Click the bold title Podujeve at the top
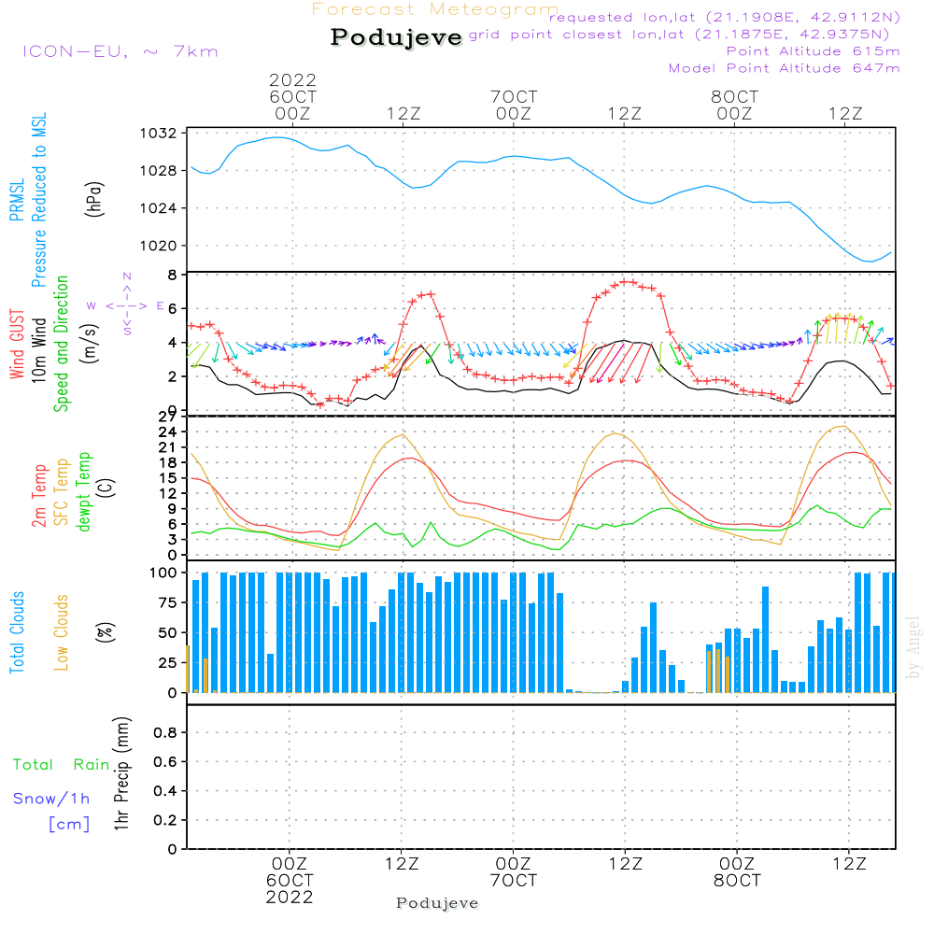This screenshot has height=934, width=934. pyautogui.click(x=397, y=37)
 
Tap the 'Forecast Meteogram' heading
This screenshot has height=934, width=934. pyautogui.click(x=435, y=9)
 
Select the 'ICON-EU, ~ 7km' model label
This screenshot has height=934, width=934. pyautogui.click(x=120, y=51)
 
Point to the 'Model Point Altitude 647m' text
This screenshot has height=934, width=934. pyautogui.click(x=785, y=68)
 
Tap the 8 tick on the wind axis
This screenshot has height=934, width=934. pyautogui.click(x=172, y=275)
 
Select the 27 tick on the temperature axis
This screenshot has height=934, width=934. pyautogui.click(x=168, y=417)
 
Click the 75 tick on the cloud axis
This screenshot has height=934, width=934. pyautogui.click(x=166, y=602)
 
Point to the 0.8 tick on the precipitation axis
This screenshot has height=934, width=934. pyautogui.click(x=165, y=733)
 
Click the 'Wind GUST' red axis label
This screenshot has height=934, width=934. pyautogui.click(x=17, y=347)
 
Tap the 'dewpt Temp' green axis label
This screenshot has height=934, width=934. pyautogui.click(x=84, y=492)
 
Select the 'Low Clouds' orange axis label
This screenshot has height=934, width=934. pyautogui.click(x=62, y=632)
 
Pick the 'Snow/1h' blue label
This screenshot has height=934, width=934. pyautogui.click(x=52, y=800)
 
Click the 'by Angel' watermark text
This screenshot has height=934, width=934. pyautogui.click(x=913, y=646)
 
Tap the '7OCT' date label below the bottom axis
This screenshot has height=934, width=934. pyautogui.click(x=513, y=881)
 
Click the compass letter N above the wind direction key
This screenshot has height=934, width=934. pyautogui.click(x=127, y=276)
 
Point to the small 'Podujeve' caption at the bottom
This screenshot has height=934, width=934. pyautogui.click(x=437, y=903)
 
